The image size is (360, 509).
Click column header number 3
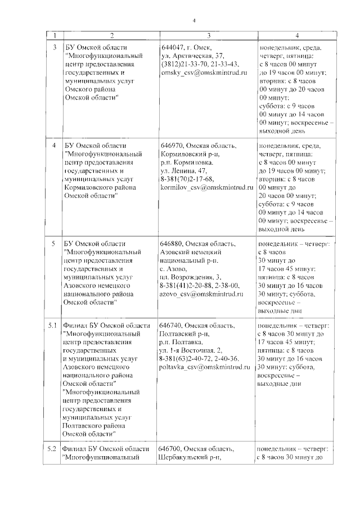(208, 35)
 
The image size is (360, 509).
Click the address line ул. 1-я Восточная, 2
(192, 350)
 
